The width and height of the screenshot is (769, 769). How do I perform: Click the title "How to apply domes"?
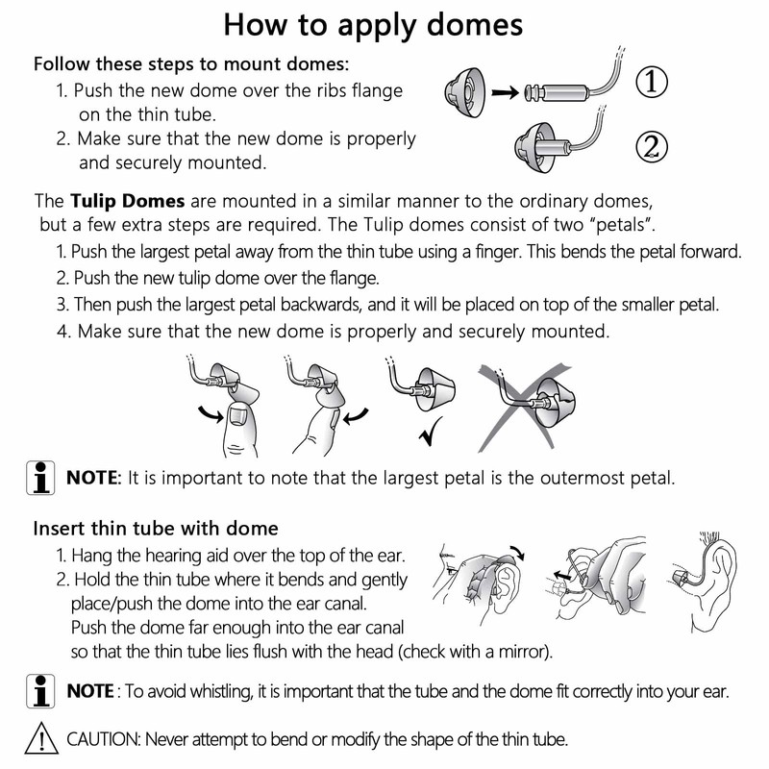[x=373, y=26]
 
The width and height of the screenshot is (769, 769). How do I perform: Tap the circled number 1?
[x=652, y=82]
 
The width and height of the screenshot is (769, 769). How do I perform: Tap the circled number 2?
[x=652, y=147]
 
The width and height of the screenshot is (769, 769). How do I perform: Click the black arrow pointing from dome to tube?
[x=506, y=92]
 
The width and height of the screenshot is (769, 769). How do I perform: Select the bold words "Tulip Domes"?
[x=128, y=201]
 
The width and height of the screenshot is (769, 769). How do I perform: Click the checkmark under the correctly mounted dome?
[x=431, y=431]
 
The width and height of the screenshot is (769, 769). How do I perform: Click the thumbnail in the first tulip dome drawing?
[x=237, y=416]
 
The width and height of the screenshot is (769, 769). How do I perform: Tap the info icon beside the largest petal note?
[x=40, y=478]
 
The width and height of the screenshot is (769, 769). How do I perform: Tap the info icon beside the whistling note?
[x=40, y=691]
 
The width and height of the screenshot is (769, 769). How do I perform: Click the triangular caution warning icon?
[x=41, y=738]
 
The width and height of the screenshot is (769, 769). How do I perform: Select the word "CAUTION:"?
[x=104, y=738]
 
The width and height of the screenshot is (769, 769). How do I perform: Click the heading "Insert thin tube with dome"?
[x=156, y=528]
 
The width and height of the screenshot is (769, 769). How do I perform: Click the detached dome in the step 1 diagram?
[x=466, y=92]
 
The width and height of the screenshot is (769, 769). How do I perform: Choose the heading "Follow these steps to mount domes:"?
[x=191, y=64]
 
